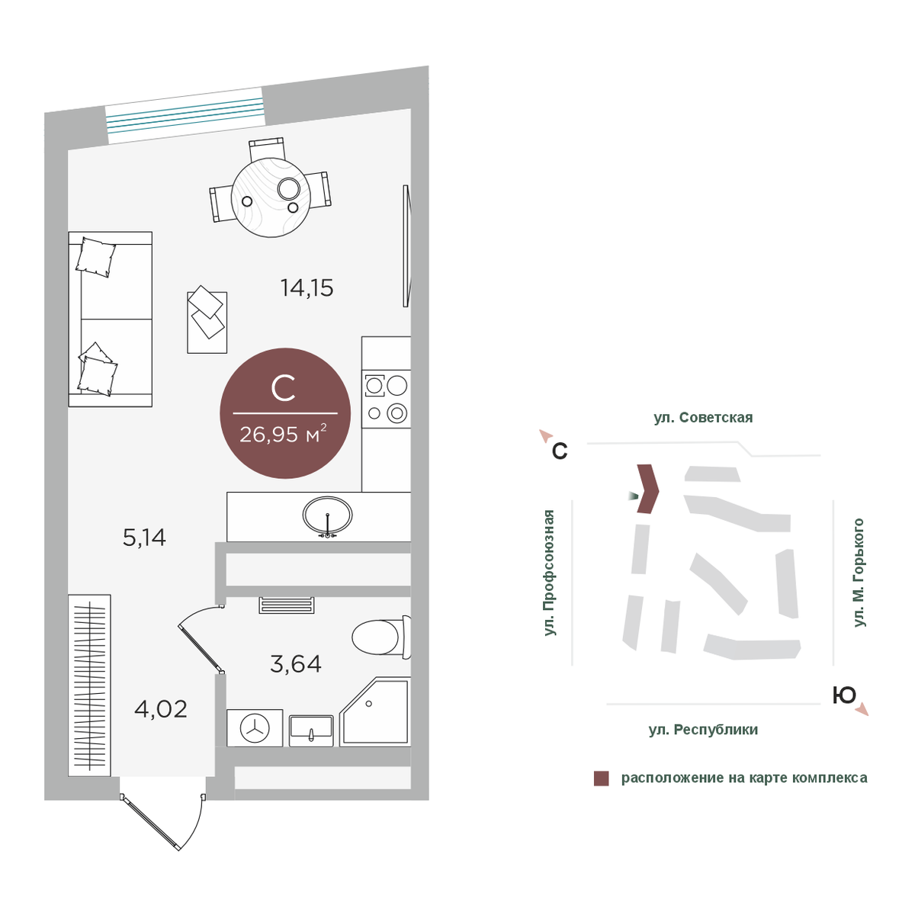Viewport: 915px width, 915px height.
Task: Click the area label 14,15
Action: tap(307, 287)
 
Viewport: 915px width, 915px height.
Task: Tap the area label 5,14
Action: tap(144, 538)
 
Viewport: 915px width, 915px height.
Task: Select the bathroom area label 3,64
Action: tap(295, 664)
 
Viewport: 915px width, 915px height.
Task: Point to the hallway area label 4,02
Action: tap(161, 709)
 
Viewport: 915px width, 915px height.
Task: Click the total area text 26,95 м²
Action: tap(283, 434)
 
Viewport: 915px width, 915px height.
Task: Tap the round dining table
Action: tap(271, 197)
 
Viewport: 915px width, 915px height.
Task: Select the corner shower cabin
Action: tap(375, 711)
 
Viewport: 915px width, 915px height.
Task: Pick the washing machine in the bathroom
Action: tap(255, 728)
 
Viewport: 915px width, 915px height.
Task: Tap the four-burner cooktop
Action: tap(386, 399)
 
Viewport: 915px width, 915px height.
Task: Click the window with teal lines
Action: tap(185, 115)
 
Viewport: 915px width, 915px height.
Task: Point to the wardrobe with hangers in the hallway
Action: tap(89, 685)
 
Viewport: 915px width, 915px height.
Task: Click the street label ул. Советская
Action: tap(703, 417)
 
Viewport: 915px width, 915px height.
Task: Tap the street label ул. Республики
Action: tap(703, 730)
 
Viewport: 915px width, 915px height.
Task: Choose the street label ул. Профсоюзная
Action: tap(549, 573)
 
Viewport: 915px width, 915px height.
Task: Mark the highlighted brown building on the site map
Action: tap(647, 489)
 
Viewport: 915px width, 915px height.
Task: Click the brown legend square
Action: tap(601, 779)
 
